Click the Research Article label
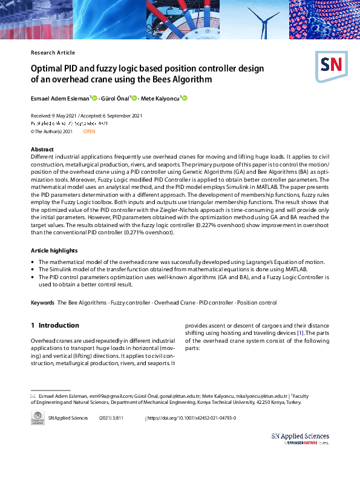(53, 53)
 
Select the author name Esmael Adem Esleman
(60, 98)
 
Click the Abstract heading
(42, 149)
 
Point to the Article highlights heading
(54, 250)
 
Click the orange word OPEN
(89, 131)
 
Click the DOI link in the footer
(192, 418)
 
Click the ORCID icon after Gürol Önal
(134, 98)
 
